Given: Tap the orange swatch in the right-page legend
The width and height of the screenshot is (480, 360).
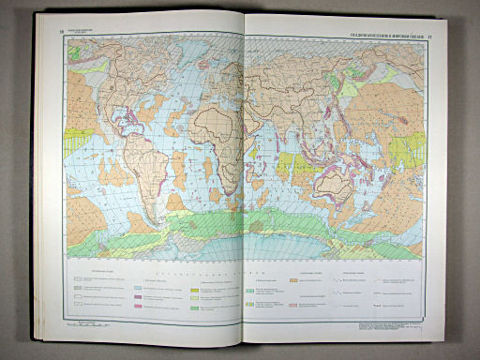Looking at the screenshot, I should [x=292, y=278].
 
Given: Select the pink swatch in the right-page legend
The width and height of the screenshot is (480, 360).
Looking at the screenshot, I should [x=292, y=304].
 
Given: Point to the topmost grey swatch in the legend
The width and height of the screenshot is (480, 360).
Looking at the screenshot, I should [x=79, y=278].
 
